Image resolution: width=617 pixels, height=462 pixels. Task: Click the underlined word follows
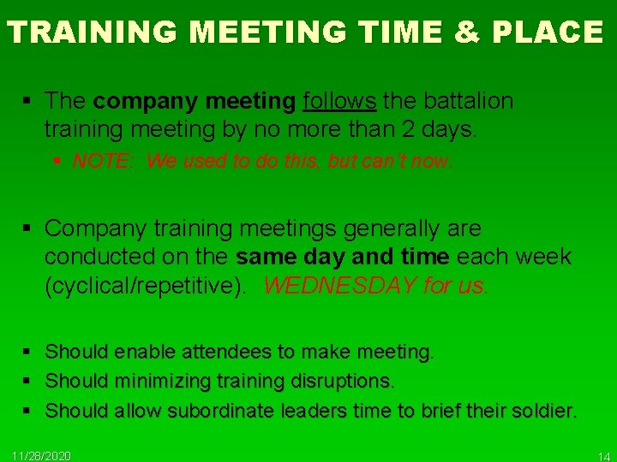(339, 101)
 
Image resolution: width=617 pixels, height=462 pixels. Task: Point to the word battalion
(467, 101)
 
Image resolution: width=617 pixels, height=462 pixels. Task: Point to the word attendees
(207, 352)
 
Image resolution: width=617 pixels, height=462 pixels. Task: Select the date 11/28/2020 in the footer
(41, 455)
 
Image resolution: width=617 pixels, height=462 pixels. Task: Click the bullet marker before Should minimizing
(28, 381)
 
